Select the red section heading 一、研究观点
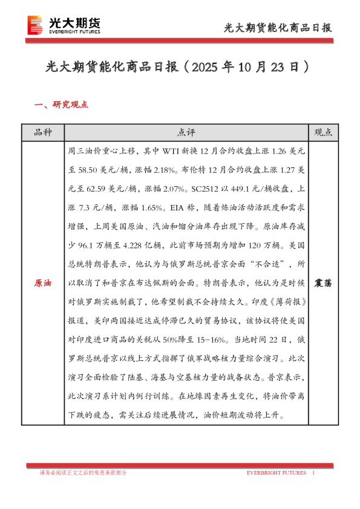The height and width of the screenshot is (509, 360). pyautogui.click(x=61, y=104)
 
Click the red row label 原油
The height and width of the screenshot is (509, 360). pyautogui.click(x=42, y=283)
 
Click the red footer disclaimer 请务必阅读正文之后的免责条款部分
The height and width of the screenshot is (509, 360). pyautogui.click(x=82, y=472)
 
